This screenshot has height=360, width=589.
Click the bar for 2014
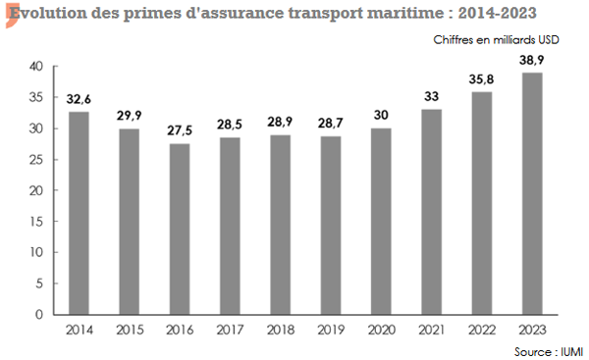pyautogui.click(x=80, y=213)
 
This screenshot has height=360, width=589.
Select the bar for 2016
pyautogui.click(x=181, y=229)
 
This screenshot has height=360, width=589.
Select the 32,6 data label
pyautogui.click(x=80, y=99)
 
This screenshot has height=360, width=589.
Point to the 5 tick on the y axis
pyautogui.click(x=39, y=283)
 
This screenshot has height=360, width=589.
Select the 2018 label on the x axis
pyautogui.click(x=282, y=330)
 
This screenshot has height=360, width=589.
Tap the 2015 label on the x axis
pyautogui.click(x=131, y=330)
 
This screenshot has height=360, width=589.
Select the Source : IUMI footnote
pyautogui.click(x=546, y=350)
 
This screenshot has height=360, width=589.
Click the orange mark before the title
pyautogui.click(x=7, y=15)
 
